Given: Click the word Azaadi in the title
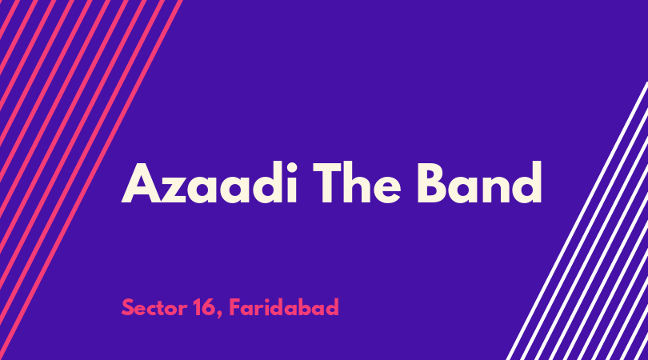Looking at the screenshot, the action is (209, 182).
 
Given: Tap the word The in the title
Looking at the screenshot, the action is (357, 182).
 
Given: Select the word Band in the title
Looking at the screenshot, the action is (479, 182).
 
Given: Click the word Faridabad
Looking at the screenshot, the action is (284, 307).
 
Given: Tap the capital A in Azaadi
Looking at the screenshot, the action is (142, 183).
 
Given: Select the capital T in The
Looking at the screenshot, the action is (328, 183).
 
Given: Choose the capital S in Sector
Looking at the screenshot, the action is (128, 307).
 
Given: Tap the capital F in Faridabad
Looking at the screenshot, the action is (234, 307).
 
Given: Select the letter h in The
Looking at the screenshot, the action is (358, 182).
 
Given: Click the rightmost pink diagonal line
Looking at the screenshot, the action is (91, 180).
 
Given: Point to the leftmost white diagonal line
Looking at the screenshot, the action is (578, 220).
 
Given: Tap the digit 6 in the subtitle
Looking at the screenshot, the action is (210, 307).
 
